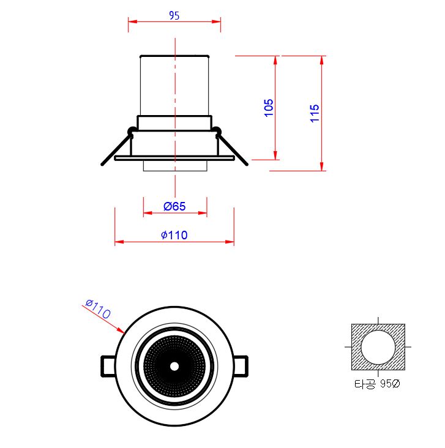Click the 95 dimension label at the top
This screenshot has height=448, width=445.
pyautogui.click(x=174, y=15)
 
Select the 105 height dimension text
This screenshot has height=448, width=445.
pyautogui.click(x=269, y=108)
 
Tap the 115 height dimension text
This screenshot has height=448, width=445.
pyautogui.click(x=315, y=113)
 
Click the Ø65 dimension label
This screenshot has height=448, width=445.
pyautogui.click(x=174, y=206)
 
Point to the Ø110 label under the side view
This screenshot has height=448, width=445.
pyautogui.click(x=174, y=235)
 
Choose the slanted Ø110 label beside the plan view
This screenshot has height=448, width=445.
pyautogui.click(x=98, y=308)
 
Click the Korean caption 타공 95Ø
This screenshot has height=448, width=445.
pyautogui.click(x=377, y=384)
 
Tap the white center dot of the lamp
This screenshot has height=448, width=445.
pyautogui.click(x=174, y=366)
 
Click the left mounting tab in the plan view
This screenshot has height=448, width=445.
pyautogui.click(x=108, y=366)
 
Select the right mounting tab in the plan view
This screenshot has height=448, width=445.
pyautogui.click(x=241, y=366)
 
